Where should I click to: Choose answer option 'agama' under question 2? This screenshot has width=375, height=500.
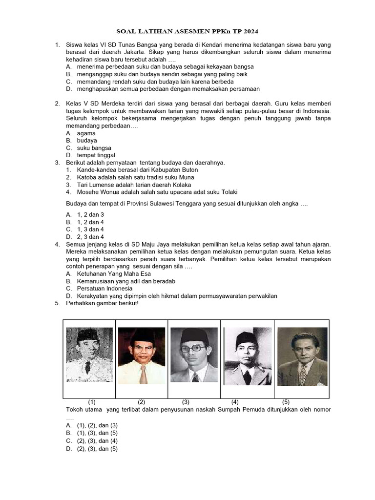coord(86,133)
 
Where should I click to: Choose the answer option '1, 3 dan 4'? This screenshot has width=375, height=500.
coord(90,229)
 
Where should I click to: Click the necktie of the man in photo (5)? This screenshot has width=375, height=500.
coord(303,374)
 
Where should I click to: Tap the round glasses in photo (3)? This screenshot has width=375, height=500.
coord(194,349)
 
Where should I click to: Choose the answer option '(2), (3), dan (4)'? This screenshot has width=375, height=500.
coord(97,441)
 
